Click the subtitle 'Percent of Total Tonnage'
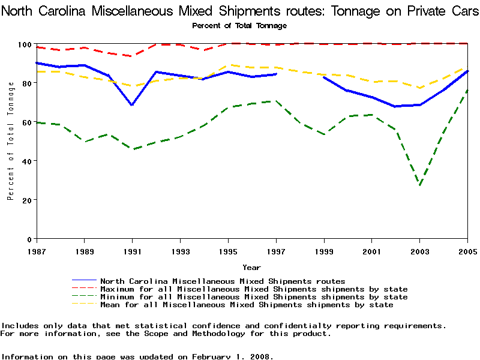tap(239, 25)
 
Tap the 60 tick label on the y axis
tap(26, 122)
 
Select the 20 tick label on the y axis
tap(26, 200)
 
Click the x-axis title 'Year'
tap(251, 267)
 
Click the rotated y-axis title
tap(11, 141)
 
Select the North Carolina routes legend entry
tap(223, 281)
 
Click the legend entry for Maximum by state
tap(254, 289)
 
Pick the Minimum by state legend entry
tap(254, 297)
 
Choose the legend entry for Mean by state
tap(247, 305)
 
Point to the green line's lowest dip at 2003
tap(420, 185)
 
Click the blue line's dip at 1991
tap(132, 105)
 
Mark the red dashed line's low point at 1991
tap(132, 56)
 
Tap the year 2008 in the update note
tap(259, 356)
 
